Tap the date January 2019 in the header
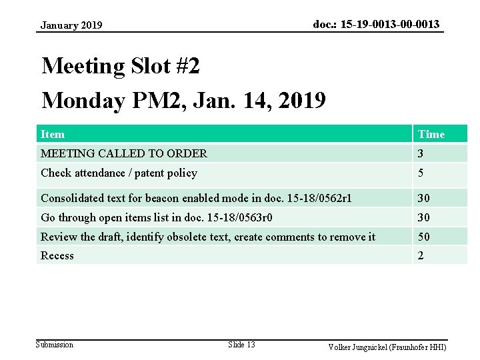point(71,25)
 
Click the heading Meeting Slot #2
point(121,67)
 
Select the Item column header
point(53,134)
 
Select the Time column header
point(431,134)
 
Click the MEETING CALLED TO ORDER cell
point(124,153)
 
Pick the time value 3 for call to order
point(421,153)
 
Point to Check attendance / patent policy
point(119,173)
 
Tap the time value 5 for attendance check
point(421,173)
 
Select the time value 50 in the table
point(424,237)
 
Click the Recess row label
point(57,256)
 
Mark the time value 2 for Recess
point(421,256)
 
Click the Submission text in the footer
point(55,345)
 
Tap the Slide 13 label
point(241,345)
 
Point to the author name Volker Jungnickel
point(363,347)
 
